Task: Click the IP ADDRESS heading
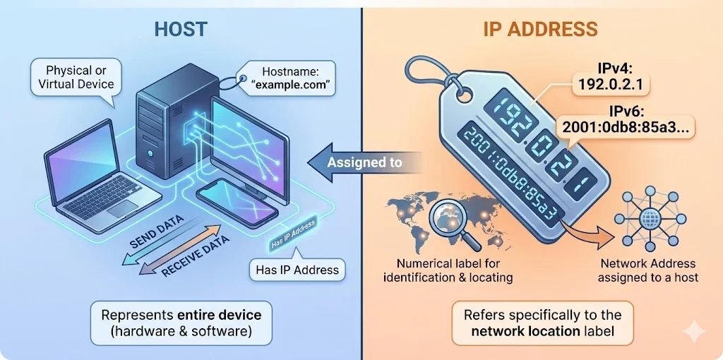pos(540,30)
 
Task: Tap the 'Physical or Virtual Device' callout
pos(77,78)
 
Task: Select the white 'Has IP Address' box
pos(296,269)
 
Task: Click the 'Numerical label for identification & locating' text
pos(448,270)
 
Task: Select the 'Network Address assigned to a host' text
pos(647,270)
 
